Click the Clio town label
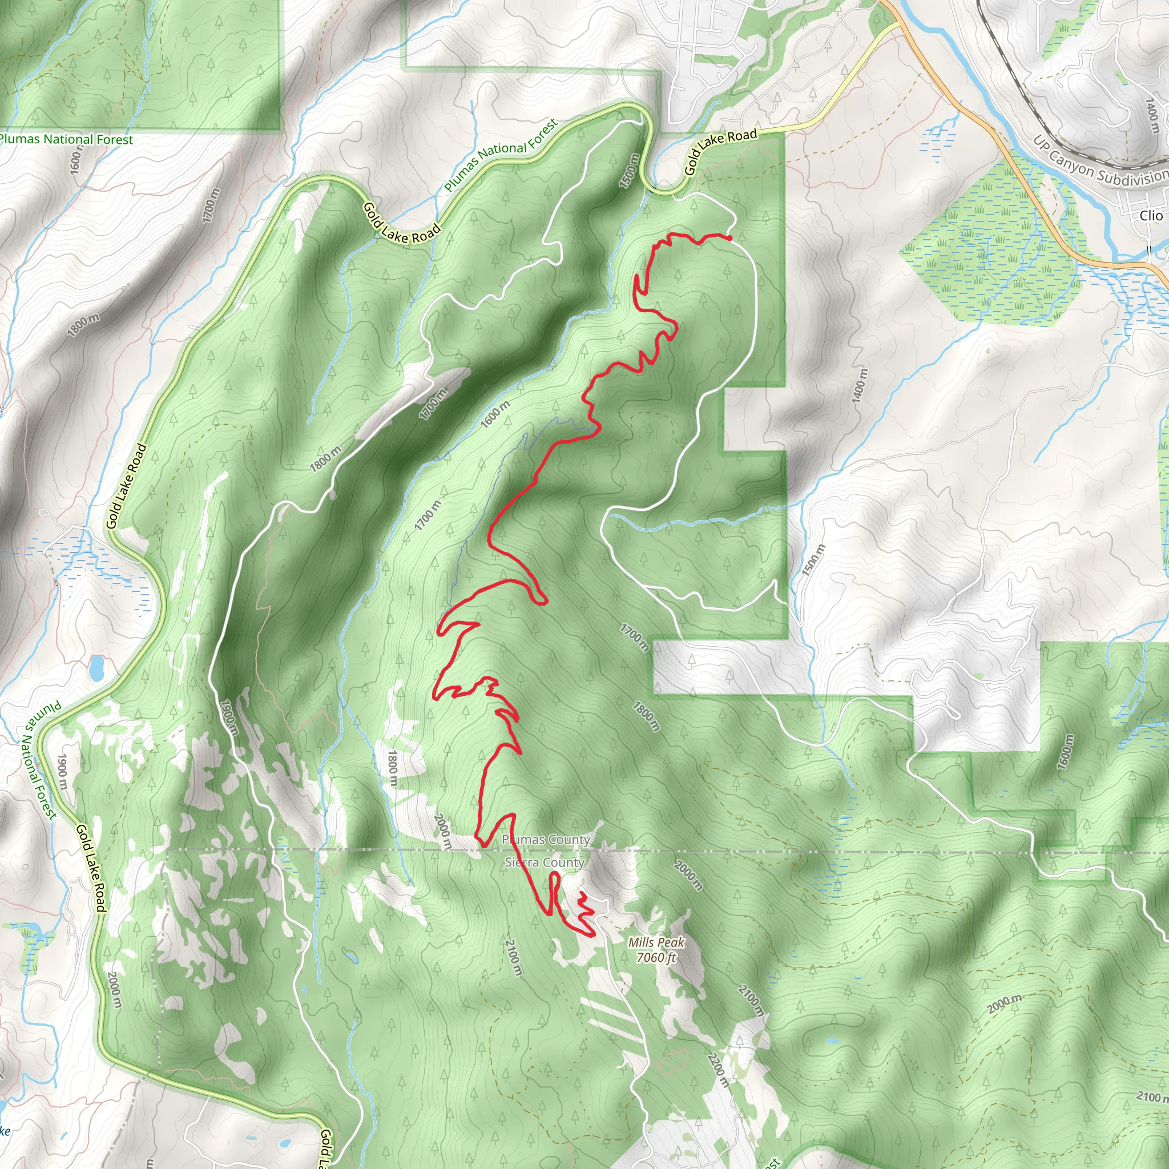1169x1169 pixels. click(1150, 215)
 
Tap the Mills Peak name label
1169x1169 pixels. click(656, 942)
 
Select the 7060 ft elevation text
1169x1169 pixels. click(656, 957)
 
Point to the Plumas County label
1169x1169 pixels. click(546, 840)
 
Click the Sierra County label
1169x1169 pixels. click(545, 862)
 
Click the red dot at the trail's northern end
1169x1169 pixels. click(729, 238)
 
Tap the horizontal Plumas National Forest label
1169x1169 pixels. click(65, 139)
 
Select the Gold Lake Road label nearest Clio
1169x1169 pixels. click(721, 152)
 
